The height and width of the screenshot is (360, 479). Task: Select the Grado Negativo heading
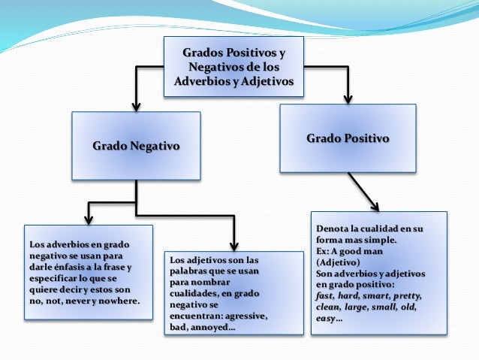tap(136, 145)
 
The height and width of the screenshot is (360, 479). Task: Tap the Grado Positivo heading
tap(348, 138)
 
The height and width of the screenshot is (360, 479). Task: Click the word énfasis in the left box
tap(72, 268)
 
